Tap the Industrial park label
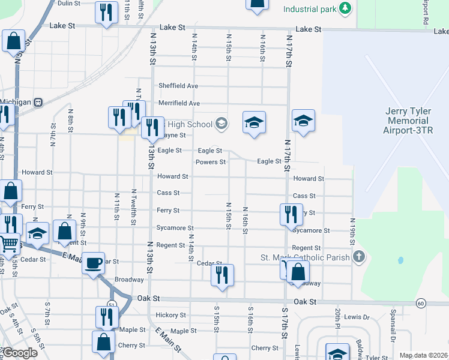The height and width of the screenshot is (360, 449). tap(309, 10)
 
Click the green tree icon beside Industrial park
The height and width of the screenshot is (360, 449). tap(345, 8)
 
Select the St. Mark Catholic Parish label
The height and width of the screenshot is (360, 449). tap(305, 257)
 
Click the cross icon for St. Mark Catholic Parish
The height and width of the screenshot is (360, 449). tap(359, 257)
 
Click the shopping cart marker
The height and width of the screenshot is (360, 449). tap(8, 244)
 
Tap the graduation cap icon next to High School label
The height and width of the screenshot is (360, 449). tap(221, 124)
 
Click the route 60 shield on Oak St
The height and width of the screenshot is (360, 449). tap(421, 303)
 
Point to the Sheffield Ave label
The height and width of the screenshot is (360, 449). tap(178, 86)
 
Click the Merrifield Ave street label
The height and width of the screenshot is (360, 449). tap(178, 103)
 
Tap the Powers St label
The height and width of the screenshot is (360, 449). tap(211, 162)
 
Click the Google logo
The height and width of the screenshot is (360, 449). tap(20, 353)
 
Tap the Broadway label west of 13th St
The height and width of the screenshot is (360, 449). tap(129, 280)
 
